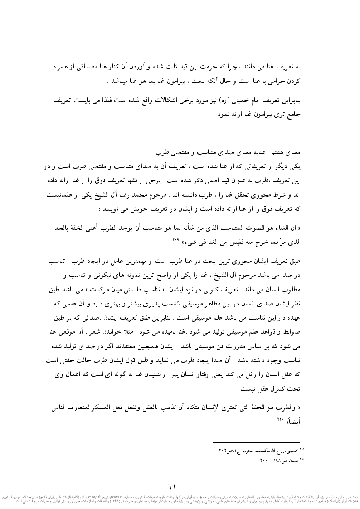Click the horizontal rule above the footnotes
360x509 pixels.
click(256, 441)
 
